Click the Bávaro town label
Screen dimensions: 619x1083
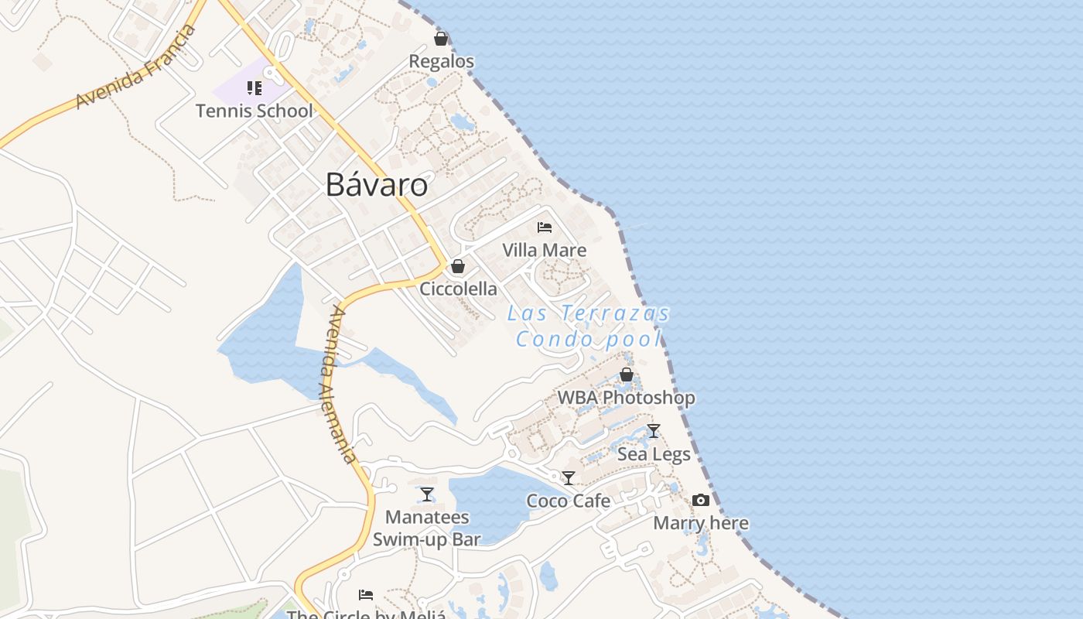[x=376, y=185]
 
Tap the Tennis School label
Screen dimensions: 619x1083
[x=255, y=111]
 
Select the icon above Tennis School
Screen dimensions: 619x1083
[x=255, y=88]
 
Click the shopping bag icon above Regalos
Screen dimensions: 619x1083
[x=441, y=39]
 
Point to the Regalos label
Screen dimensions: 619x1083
[x=441, y=61]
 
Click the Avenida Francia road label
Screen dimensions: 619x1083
[x=135, y=68]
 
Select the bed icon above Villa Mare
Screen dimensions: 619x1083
[x=545, y=227]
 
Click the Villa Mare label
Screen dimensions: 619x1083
[x=545, y=250]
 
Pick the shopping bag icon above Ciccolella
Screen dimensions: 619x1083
[x=458, y=267]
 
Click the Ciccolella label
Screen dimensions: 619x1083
[x=458, y=289]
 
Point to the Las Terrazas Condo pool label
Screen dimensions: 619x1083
[x=589, y=326]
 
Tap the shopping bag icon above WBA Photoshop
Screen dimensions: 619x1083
[x=627, y=375]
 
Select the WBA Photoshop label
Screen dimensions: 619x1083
[x=627, y=398]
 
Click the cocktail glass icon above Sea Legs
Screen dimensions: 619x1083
[x=654, y=431]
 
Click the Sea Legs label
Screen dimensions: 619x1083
[x=654, y=454]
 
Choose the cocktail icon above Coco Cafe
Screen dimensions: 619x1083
[x=569, y=478]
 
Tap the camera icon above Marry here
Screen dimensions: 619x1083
[x=701, y=501]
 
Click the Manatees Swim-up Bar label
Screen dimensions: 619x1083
[x=427, y=528]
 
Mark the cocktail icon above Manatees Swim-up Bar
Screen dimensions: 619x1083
[x=427, y=494]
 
